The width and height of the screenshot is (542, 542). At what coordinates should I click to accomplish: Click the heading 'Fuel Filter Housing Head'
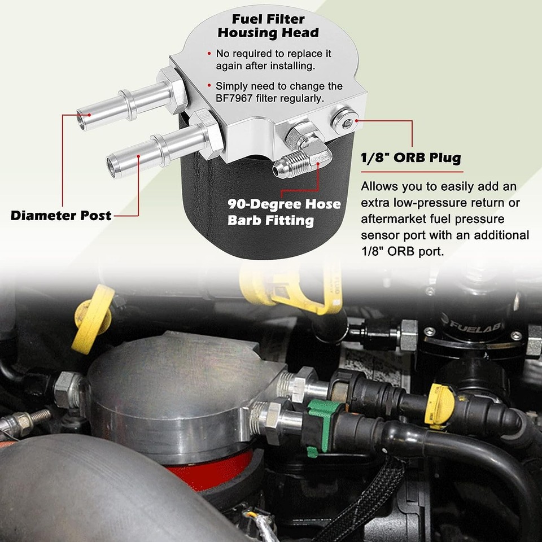[x=268, y=25]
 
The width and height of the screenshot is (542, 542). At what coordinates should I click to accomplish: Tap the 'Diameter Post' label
[x=61, y=215]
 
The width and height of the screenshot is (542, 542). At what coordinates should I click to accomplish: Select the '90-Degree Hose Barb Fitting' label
[x=284, y=212]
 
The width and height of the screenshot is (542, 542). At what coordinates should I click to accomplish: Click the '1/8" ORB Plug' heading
[x=410, y=158]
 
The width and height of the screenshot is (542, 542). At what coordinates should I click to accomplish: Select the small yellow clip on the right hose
[x=440, y=403]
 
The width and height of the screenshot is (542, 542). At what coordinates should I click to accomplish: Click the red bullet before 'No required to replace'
[x=209, y=54]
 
